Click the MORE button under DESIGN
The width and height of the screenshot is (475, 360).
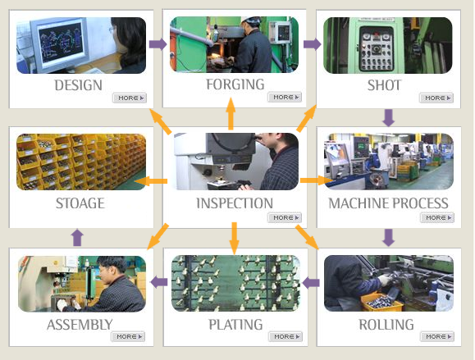130,98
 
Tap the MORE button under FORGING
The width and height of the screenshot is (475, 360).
285,98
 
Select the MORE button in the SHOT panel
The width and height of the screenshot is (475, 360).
436,98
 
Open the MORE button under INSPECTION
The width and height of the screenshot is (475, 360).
285,217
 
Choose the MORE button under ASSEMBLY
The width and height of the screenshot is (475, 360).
128,337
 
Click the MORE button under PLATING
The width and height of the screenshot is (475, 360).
285,337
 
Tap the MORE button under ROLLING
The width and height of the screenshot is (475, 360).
437,337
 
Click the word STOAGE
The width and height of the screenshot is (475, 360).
80,203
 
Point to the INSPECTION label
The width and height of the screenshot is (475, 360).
235,203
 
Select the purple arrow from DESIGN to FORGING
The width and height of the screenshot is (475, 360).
158,44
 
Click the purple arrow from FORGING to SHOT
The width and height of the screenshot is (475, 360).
313,44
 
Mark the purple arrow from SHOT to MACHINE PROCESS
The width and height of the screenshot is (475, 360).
389,118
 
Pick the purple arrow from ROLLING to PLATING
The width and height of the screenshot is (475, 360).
311,283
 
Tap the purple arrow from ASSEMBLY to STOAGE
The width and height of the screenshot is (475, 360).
77,237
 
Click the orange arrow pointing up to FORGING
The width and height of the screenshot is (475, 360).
231,114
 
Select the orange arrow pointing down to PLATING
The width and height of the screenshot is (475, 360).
234,239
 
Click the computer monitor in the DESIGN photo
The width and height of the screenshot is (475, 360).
61,44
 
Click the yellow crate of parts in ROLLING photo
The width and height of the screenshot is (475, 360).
381,302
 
